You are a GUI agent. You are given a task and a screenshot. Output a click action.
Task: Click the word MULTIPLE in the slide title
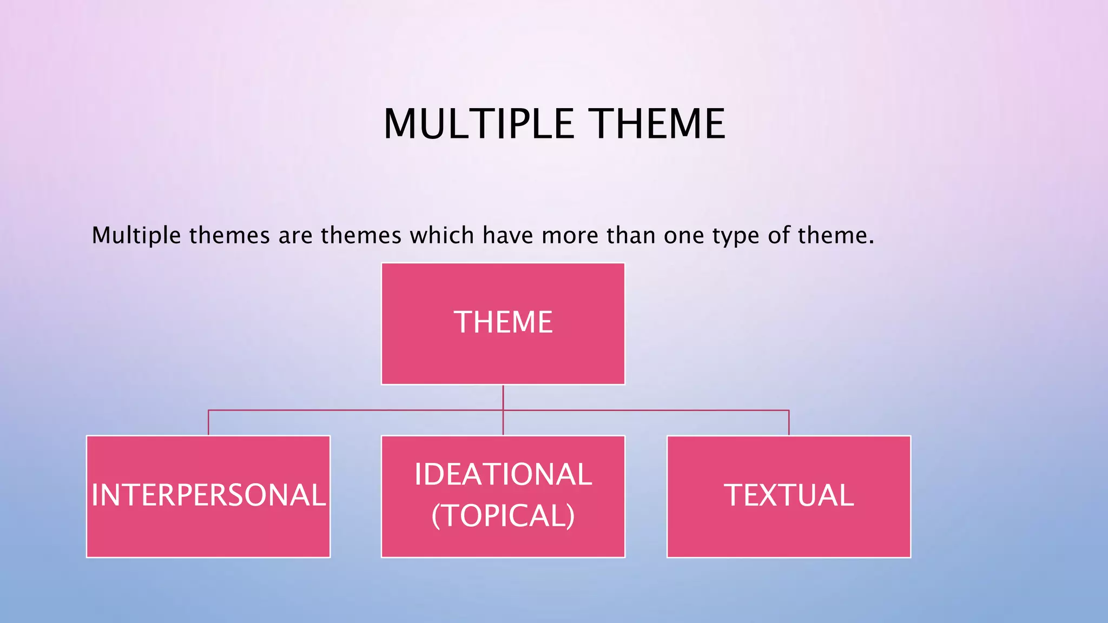[x=478, y=124]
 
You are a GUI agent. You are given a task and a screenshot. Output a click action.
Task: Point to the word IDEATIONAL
[x=503, y=474]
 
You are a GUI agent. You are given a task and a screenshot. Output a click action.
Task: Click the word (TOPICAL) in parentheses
[x=503, y=515]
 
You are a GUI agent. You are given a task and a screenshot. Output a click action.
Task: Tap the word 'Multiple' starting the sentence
[x=136, y=235]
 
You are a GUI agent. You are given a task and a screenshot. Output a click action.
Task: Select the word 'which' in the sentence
[x=442, y=235]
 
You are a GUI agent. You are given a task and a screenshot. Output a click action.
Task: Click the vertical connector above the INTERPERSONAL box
[x=208, y=423]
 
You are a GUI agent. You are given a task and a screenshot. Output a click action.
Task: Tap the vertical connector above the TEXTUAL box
[x=789, y=423]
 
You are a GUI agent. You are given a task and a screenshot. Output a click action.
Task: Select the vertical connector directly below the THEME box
[x=503, y=397]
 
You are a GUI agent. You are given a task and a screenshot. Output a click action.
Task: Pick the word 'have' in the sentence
[x=507, y=235]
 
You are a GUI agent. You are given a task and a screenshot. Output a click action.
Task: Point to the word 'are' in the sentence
[x=295, y=236]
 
